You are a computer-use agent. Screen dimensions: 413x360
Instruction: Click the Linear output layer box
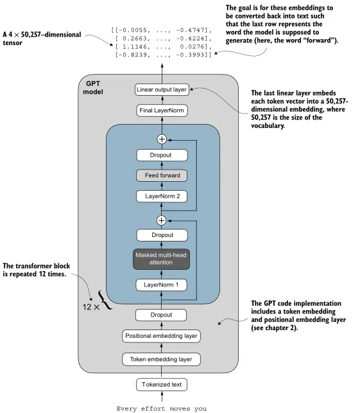click(162, 89)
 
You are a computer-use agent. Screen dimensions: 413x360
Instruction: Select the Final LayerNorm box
click(162, 111)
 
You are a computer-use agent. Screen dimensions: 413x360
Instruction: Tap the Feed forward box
click(162, 175)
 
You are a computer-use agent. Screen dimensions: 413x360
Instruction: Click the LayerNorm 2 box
click(162, 197)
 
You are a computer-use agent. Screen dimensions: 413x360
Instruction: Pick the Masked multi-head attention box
click(162, 259)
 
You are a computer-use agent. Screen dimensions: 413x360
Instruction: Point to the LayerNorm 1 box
click(162, 284)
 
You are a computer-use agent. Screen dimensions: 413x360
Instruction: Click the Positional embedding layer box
click(162, 336)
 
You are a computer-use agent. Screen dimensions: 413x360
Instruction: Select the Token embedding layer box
click(162, 359)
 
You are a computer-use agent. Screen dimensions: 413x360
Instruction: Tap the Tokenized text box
click(162, 385)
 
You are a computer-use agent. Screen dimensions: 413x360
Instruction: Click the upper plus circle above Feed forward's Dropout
click(162, 139)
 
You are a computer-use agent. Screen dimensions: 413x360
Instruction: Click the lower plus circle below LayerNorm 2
click(162, 220)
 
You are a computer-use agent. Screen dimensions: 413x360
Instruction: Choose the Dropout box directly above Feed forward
click(162, 155)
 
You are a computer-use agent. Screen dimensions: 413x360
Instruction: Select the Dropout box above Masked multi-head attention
click(162, 236)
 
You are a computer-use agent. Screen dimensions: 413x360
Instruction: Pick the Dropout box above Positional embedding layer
click(162, 315)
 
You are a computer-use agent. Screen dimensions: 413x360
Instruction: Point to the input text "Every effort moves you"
click(162, 408)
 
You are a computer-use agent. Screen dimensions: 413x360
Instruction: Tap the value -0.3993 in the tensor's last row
click(196, 56)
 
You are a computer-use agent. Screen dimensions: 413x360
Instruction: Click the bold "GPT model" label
click(92, 87)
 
